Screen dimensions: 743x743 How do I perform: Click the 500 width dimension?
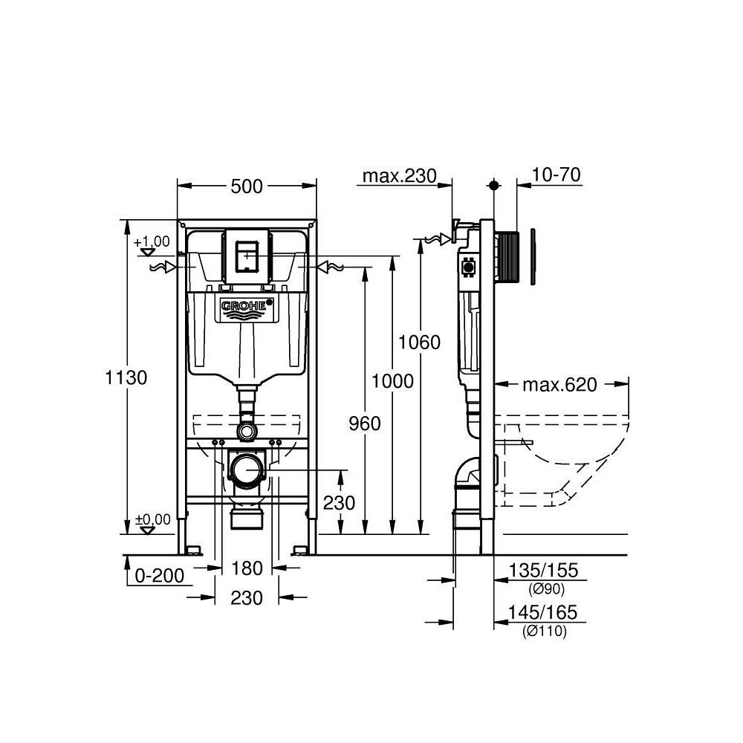coord(247,186)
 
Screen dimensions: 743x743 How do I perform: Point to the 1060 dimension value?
coord(419,343)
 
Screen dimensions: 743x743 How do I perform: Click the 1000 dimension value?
coord(392,382)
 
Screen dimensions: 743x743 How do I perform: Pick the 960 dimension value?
coord(364,424)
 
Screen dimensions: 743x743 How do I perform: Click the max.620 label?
coord(559,385)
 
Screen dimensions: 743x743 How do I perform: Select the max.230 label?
coord(397,175)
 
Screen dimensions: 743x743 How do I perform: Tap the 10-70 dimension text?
coord(557,175)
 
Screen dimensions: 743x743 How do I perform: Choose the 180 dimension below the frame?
coord(247,568)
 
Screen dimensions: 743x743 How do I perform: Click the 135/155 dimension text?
coord(542,571)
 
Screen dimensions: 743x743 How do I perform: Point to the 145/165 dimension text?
coord(542,614)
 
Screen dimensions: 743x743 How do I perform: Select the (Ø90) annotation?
coord(547,589)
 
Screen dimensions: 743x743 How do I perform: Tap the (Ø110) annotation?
coord(547,632)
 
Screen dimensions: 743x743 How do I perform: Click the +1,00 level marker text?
coord(152,241)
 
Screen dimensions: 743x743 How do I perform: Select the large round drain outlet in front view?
coord(247,470)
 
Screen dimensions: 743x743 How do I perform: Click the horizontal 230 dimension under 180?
coord(247,597)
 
